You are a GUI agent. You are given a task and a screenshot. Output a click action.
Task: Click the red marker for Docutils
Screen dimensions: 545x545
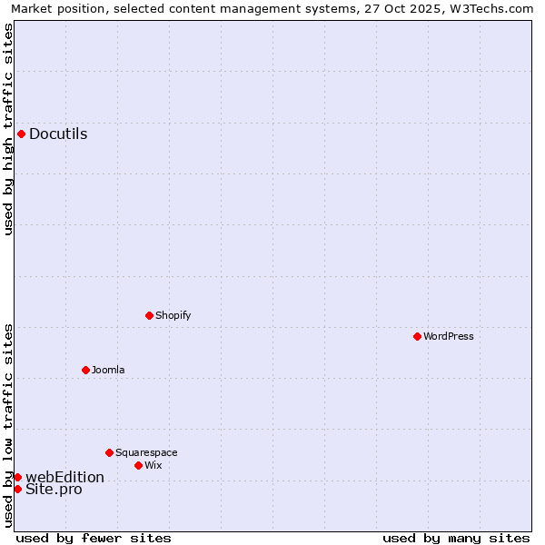click(x=21, y=134)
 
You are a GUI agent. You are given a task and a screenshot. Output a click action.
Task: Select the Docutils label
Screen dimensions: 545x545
click(x=58, y=134)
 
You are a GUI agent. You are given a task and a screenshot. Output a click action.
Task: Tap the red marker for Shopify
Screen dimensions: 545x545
click(x=149, y=315)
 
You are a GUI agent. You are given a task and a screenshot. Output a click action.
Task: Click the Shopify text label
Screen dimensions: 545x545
click(x=173, y=315)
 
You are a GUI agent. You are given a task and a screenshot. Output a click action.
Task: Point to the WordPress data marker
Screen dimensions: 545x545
click(x=417, y=336)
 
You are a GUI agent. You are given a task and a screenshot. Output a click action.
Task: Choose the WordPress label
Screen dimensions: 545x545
click(x=449, y=336)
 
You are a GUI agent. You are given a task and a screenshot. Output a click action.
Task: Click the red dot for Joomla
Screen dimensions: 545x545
click(x=85, y=370)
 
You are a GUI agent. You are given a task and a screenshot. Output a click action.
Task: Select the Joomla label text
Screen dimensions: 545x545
click(x=108, y=370)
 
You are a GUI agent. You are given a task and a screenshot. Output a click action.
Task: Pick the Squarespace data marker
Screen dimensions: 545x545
click(x=109, y=452)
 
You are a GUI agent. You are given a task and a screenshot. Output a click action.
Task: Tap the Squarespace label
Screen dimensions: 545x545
click(x=146, y=452)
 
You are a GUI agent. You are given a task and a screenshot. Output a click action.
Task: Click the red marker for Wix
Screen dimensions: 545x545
click(x=138, y=465)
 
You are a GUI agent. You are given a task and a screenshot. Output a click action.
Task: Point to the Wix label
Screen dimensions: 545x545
click(x=154, y=465)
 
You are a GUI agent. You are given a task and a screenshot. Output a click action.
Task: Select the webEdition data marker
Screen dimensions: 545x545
click(x=17, y=477)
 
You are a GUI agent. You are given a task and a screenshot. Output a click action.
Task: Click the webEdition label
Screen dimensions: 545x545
click(x=64, y=477)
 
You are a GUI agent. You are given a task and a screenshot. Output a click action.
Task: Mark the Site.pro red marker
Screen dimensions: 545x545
click(x=17, y=489)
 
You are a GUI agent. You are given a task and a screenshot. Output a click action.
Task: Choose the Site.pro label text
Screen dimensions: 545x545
click(x=54, y=490)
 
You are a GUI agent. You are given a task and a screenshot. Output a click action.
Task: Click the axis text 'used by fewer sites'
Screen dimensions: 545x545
click(x=94, y=538)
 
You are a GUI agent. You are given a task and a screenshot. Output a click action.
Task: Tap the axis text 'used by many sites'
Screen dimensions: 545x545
click(x=456, y=538)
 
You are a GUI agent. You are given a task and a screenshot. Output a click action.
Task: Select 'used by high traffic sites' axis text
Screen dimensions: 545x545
click(x=8, y=129)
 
